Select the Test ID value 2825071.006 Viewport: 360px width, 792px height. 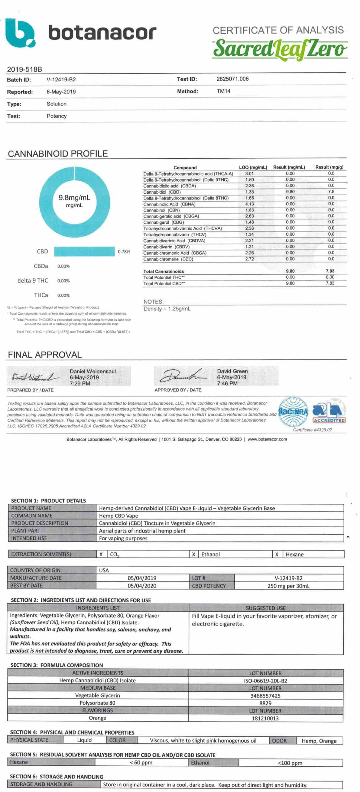[232, 79]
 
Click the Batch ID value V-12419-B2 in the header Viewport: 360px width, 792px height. [61, 80]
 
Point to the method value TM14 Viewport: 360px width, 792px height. [223, 91]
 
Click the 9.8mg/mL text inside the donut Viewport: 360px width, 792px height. [75, 198]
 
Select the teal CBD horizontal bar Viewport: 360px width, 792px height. [84, 252]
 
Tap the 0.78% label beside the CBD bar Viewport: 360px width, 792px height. [124, 252]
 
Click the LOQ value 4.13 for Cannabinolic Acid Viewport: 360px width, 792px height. [249, 204]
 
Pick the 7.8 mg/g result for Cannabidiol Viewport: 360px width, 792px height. [331, 192]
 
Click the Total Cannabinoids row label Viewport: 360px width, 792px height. [163, 271]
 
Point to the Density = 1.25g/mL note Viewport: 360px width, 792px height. [167, 309]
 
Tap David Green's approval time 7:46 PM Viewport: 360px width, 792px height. [227, 384]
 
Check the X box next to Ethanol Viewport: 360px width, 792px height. [194, 554]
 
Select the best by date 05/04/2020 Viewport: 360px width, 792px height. [142, 586]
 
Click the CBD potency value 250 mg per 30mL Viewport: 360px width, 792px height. [288, 586]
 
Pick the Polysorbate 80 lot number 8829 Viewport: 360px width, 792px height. [265, 703]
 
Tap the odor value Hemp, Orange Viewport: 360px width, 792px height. [319, 741]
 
